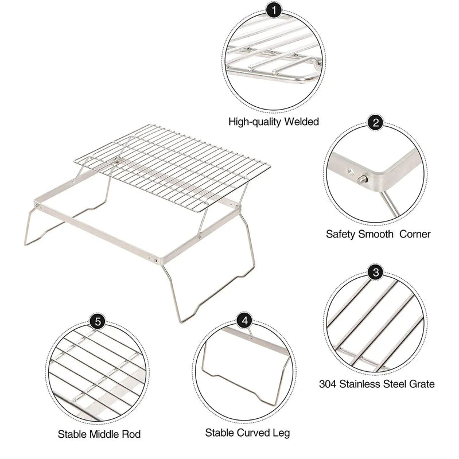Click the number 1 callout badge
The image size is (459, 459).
pyautogui.click(x=274, y=10)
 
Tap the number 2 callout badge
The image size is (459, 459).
pyautogui.click(x=376, y=123)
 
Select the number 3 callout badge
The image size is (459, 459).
pyautogui.click(x=376, y=273)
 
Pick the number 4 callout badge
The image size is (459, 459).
pyautogui.click(x=246, y=320)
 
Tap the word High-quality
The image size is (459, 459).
pyautogui.click(x=253, y=122)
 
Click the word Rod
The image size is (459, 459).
pyautogui.click(x=132, y=434)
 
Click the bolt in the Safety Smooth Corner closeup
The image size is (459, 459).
pyautogui.click(x=363, y=180)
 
